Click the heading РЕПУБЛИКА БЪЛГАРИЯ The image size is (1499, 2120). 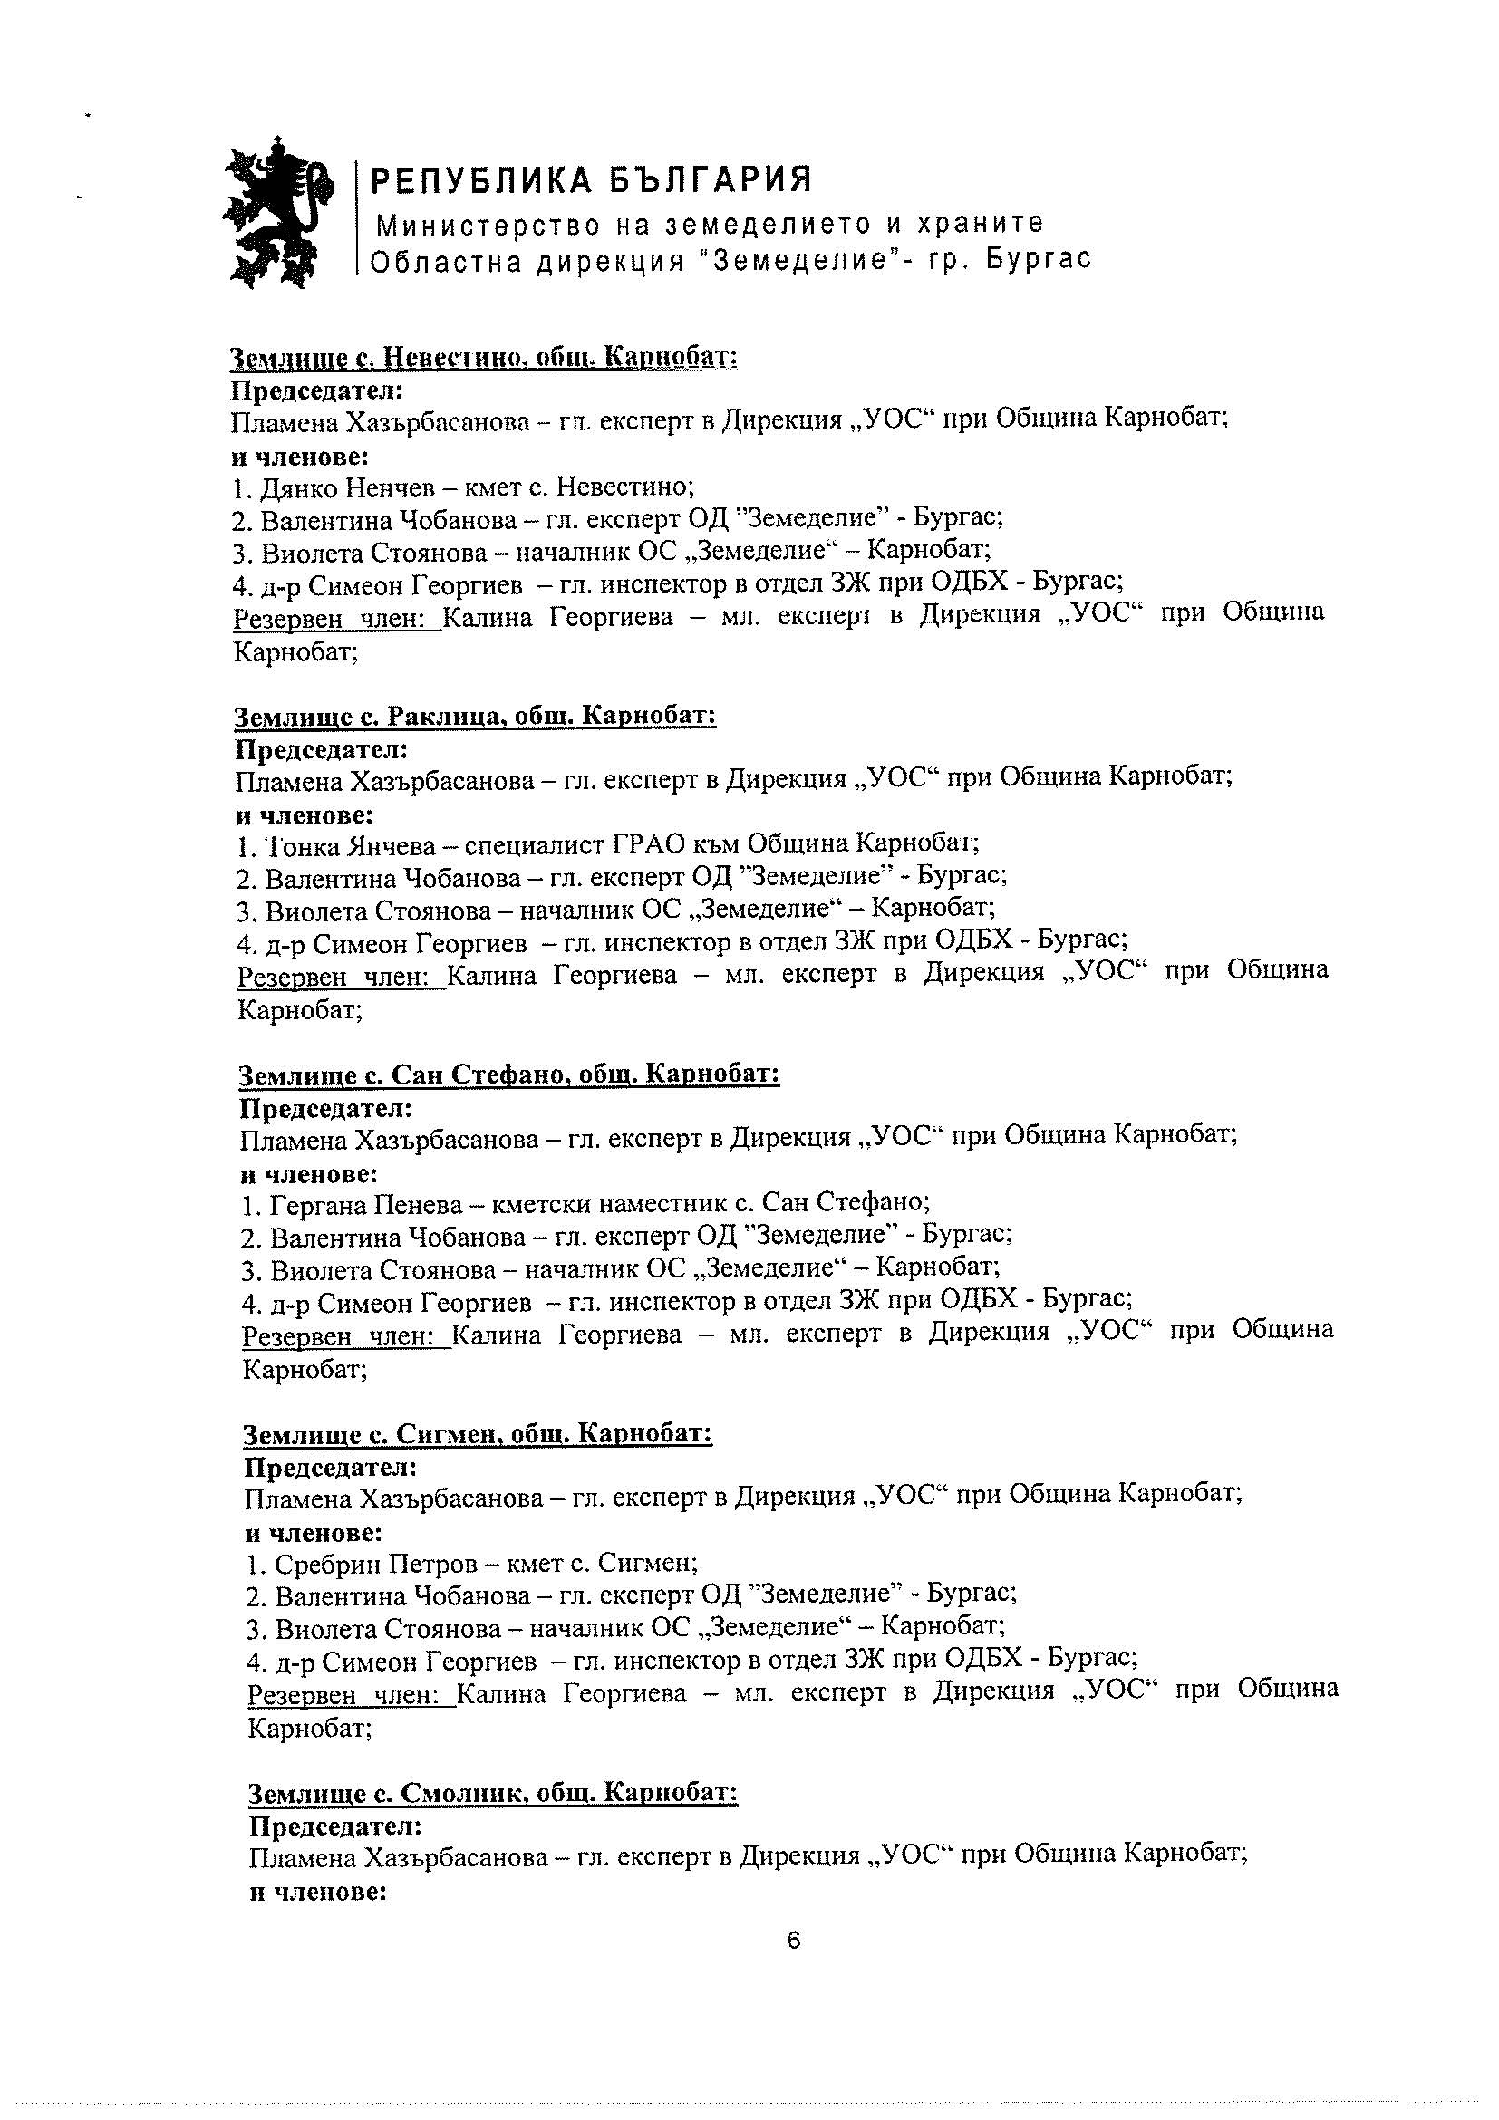[x=591, y=180]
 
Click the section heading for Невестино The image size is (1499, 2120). [x=483, y=356]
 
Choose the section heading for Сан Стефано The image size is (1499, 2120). [x=509, y=1074]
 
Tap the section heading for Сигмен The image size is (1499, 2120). [x=478, y=1433]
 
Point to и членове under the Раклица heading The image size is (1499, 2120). [x=305, y=815]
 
